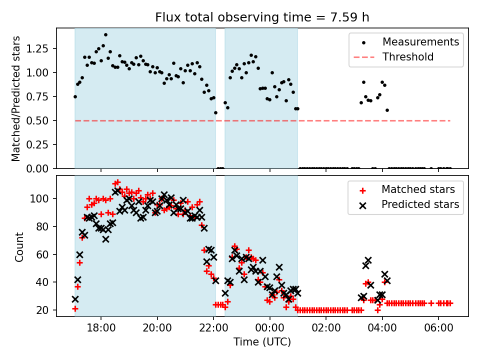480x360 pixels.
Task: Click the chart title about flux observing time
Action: pos(262,18)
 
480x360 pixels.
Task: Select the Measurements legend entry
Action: pos(420,42)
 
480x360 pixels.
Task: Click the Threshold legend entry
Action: pos(408,57)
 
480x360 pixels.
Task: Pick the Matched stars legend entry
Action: pos(418,189)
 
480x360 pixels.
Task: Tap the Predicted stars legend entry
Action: pos(420,204)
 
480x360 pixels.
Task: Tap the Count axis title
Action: pos(19,246)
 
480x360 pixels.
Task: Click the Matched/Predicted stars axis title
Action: pos(16,98)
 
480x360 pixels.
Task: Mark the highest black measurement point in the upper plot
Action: pos(105,34)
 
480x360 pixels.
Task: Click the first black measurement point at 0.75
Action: pos(75,96)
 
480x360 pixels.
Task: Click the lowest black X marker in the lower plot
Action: pos(75,299)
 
